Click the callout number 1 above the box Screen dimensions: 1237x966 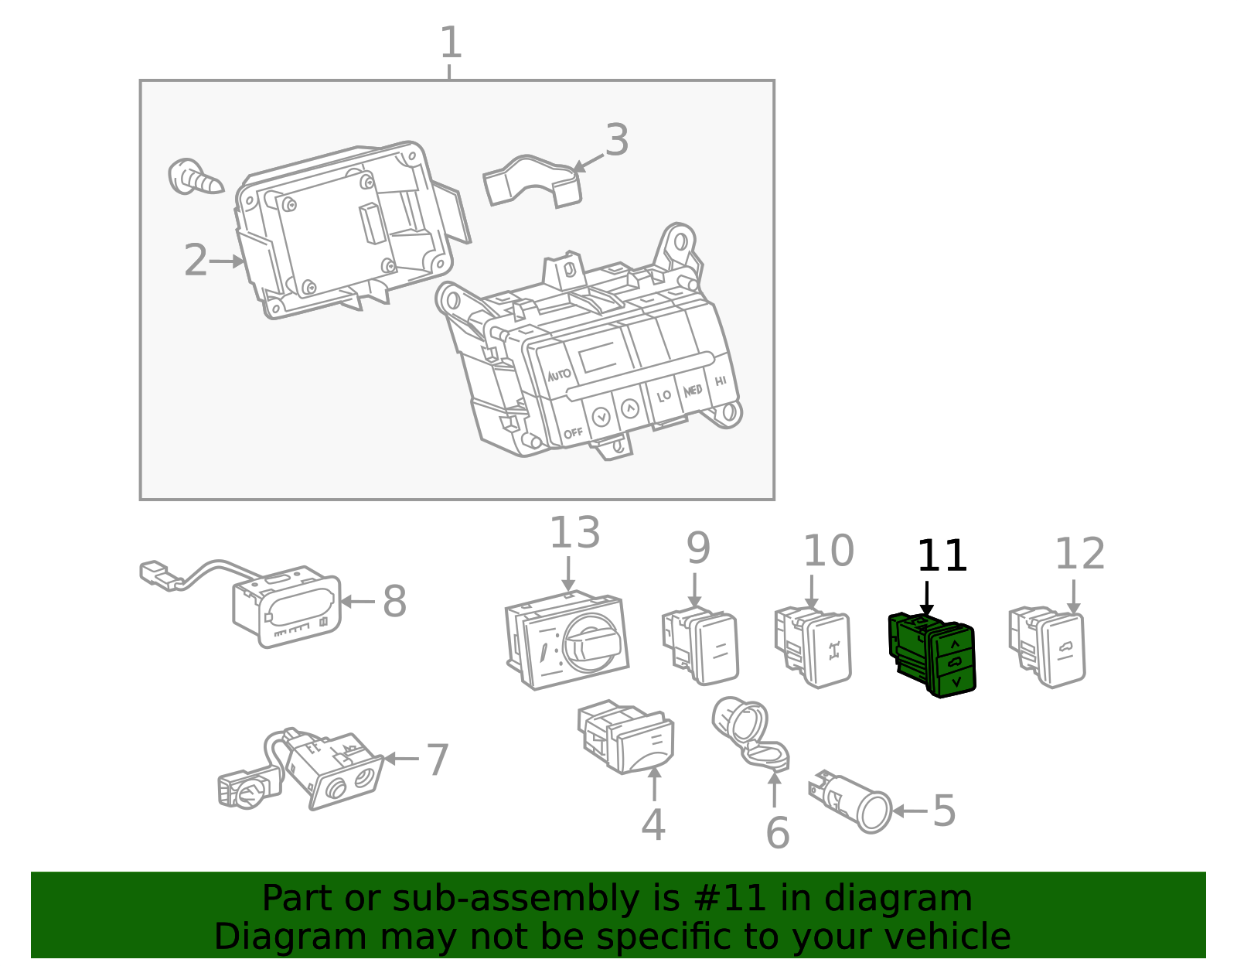451,42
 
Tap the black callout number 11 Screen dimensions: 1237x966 942,555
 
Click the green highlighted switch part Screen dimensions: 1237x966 932,654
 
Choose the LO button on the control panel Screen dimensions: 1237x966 664,396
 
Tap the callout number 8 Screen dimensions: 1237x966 394,601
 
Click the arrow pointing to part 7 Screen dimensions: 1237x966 401,758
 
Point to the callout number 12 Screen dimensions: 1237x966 1080,553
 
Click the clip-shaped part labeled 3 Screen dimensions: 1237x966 532,180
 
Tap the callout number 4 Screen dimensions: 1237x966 653,824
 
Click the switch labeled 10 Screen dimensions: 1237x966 813,647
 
